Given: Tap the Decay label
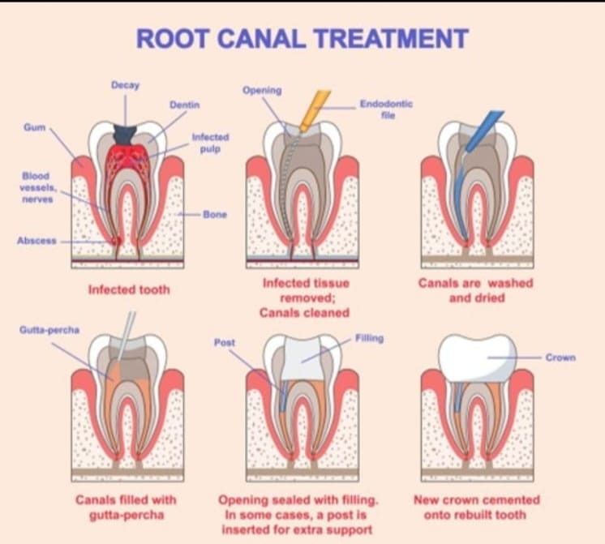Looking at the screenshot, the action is coord(126,85).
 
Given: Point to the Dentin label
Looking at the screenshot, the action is coord(185,105).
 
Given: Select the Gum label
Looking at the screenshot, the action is coord(35,127).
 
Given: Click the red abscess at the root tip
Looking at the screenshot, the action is coord(116,241).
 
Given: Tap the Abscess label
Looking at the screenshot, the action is coord(36,241).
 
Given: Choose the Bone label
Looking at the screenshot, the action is coord(215,215).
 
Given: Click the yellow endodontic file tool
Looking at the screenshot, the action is coord(315,110).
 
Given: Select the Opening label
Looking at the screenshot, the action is coord(262,90).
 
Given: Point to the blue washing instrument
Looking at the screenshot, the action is coord(484,131).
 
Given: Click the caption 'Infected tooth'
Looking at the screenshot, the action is coord(129,289).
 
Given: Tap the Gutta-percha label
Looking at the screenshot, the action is coord(49,330).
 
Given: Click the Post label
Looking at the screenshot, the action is coord(225,342).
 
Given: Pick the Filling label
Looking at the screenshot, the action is coord(369,338).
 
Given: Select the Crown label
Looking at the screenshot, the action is coord(560,358).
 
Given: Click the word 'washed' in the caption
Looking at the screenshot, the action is coord(510,283).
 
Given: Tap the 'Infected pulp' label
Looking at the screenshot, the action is coord(210,143).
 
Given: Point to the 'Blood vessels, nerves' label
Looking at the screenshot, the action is coord(37,187).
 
